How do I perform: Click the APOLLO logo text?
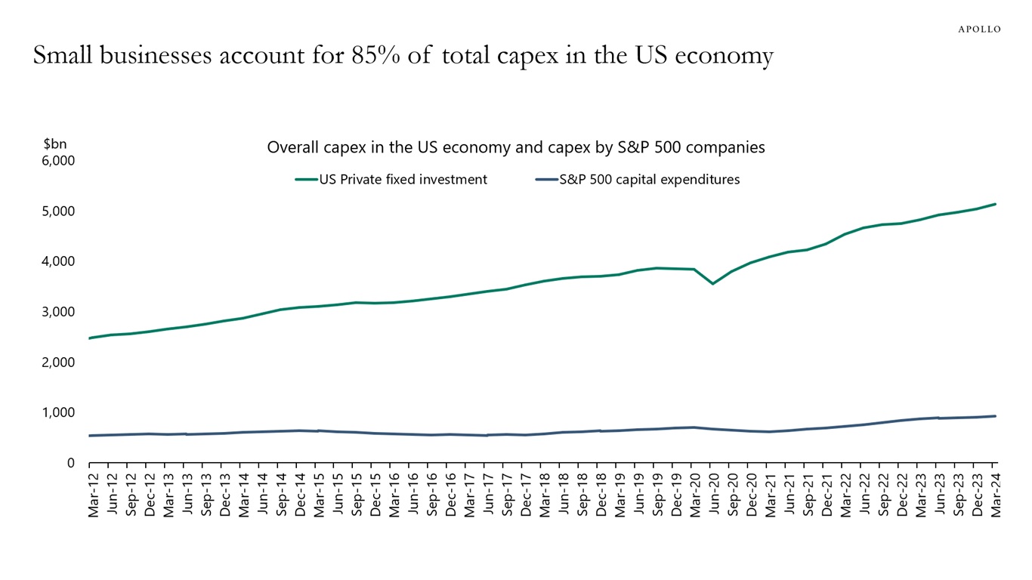point(979,29)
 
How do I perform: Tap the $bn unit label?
point(55,143)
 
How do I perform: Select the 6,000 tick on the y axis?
point(59,161)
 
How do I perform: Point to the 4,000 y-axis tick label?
point(59,261)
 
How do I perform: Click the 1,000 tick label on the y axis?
point(59,412)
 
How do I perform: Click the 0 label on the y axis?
point(70,463)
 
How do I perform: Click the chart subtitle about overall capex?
point(516,147)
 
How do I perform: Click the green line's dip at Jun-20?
point(712,284)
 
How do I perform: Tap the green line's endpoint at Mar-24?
point(996,204)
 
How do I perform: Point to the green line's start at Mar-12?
point(91,338)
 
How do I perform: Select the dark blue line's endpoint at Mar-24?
point(996,416)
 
